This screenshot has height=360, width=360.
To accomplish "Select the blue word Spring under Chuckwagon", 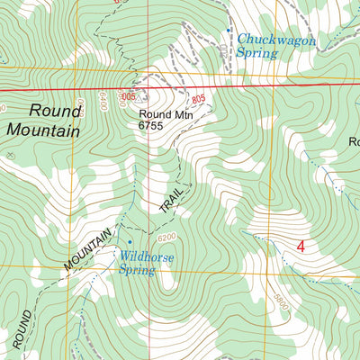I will [256, 53].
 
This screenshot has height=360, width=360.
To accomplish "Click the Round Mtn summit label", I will [165, 114].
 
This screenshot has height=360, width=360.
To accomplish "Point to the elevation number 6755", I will [153, 127].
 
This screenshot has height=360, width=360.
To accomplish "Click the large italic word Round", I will [55, 111].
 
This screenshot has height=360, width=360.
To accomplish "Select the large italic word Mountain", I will [42, 130].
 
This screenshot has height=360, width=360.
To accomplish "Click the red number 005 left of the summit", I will [129, 96].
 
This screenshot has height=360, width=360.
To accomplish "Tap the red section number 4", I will [301, 246].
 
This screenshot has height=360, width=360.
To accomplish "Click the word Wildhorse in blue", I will [148, 256].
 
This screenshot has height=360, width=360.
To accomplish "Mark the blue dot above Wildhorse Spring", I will [130, 241].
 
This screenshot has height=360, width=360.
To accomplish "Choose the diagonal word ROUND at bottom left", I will [22, 329].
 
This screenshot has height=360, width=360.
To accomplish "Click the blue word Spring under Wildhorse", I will [137, 268].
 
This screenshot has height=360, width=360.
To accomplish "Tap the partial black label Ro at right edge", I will [354, 141].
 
